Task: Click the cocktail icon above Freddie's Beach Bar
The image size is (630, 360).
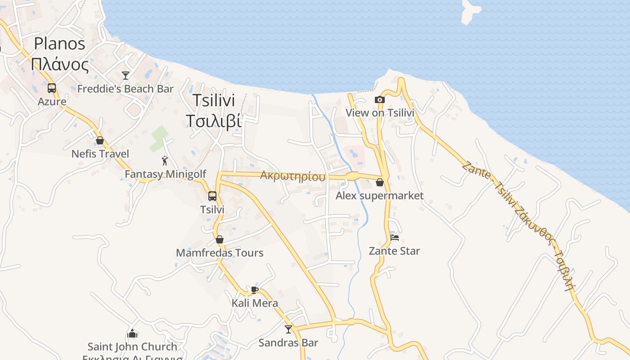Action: [126, 75]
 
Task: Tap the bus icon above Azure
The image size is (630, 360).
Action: [52, 88]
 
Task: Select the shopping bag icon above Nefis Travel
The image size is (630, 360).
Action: [100, 140]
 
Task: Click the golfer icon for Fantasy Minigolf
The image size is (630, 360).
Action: [165, 161]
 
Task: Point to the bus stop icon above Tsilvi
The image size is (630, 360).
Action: [212, 196]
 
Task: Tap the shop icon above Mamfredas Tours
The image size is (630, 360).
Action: [220, 239]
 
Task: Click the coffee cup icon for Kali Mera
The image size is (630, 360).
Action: [255, 290]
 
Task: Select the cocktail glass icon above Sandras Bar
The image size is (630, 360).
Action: [288, 329]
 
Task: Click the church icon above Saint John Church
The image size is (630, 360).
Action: [132, 333]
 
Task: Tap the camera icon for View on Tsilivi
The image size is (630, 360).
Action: [380, 99]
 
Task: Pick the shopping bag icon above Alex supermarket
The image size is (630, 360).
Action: [380, 182]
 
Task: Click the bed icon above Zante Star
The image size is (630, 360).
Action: [395, 237]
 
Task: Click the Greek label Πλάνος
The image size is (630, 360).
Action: [60, 64]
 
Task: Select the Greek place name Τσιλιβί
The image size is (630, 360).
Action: [214, 121]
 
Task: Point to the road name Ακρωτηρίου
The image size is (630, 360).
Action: [292, 176]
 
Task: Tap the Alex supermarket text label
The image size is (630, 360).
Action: [379, 196]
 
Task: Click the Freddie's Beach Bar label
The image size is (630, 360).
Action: [125, 89]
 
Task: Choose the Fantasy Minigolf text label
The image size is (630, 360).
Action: [165, 174]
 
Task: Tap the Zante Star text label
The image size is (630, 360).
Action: [394, 251]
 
